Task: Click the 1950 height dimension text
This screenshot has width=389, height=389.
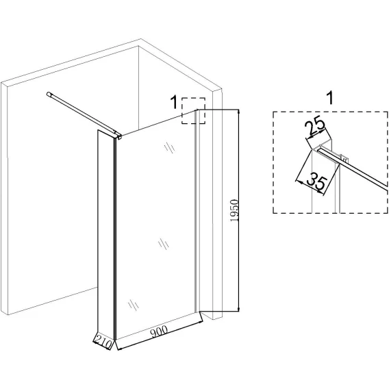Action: point(234,210)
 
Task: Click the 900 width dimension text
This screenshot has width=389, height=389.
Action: point(159,331)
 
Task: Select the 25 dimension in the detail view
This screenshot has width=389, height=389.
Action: point(315,127)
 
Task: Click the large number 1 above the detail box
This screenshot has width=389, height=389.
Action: point(330,98)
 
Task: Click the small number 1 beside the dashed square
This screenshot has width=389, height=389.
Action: point(174,103)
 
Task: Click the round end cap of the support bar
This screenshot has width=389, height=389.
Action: point(49,94)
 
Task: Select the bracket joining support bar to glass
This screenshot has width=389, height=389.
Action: point(118,136)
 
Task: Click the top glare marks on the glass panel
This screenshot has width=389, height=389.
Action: point(169,147)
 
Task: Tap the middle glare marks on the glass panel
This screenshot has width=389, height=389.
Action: point(164,244)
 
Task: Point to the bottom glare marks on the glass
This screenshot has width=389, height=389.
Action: point(134,304)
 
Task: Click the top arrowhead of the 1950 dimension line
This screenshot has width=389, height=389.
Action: point(238,112)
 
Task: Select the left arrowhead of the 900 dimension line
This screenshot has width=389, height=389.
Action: point(119,349)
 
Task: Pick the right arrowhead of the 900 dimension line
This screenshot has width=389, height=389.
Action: point(199,323)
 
